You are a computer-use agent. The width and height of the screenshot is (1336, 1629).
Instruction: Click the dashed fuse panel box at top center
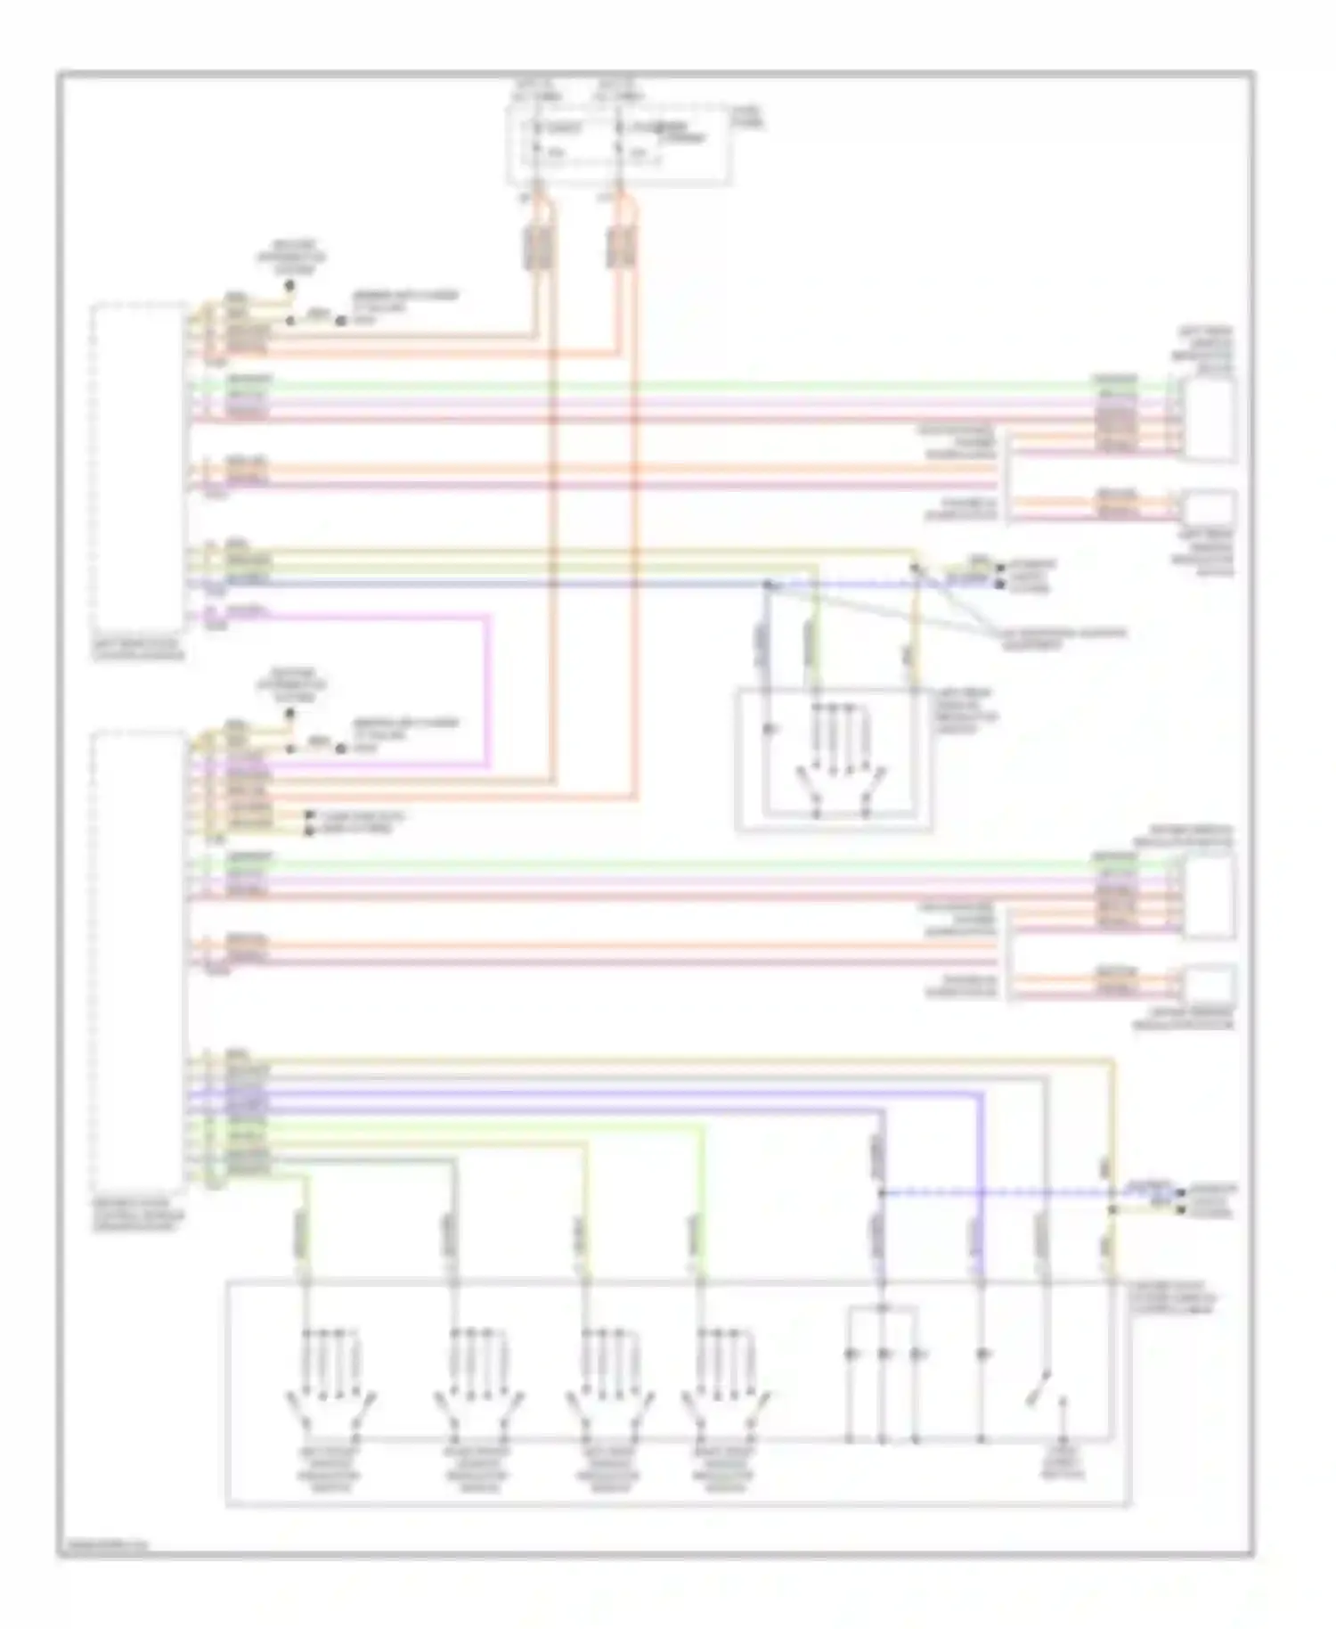[619, 145]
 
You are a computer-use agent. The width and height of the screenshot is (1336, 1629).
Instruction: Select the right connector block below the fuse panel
[621, 247]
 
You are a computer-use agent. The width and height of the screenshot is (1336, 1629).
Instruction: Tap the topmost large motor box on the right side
[1210, 419]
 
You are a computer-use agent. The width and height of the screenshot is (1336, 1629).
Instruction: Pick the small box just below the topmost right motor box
[1209, 508]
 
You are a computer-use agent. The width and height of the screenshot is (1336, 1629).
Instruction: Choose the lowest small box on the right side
[1209, 985]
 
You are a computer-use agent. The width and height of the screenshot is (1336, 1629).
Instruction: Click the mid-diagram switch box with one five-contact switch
[834, 759]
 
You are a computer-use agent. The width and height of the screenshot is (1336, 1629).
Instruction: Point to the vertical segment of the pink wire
[488, 691]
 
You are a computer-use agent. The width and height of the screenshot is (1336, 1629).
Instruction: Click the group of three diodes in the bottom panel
[882, 1355]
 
